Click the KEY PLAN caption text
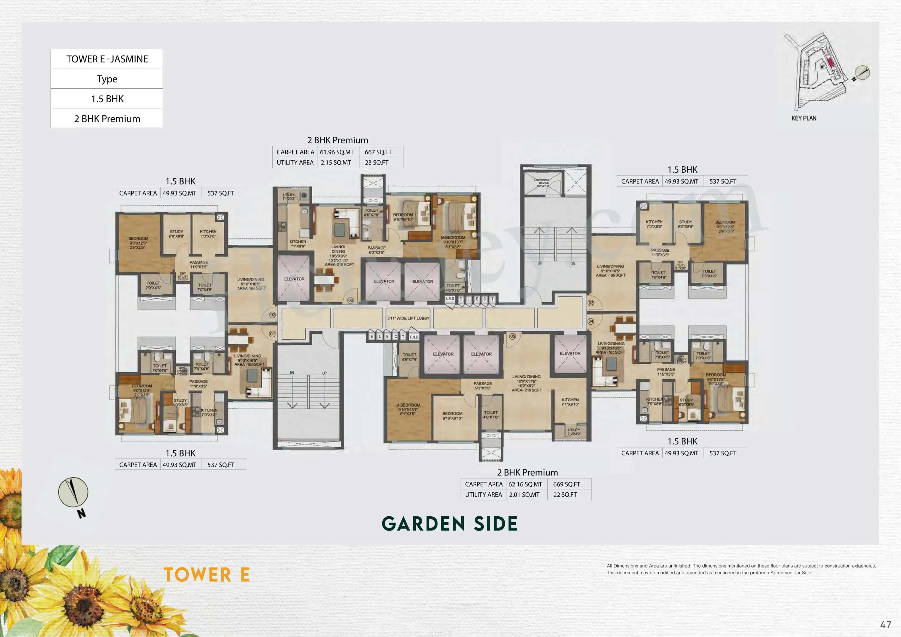point(804,118)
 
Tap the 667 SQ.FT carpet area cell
point(378,152)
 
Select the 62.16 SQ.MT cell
point(525,484)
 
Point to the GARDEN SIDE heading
point(450,524)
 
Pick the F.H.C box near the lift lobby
point(414,337)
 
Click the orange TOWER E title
point(206,575)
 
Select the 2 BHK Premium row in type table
point(107,118)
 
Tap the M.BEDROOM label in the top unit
point(453,238)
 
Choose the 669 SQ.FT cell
point(566,484)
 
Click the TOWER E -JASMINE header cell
point(107,59)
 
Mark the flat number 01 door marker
point(272,334)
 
